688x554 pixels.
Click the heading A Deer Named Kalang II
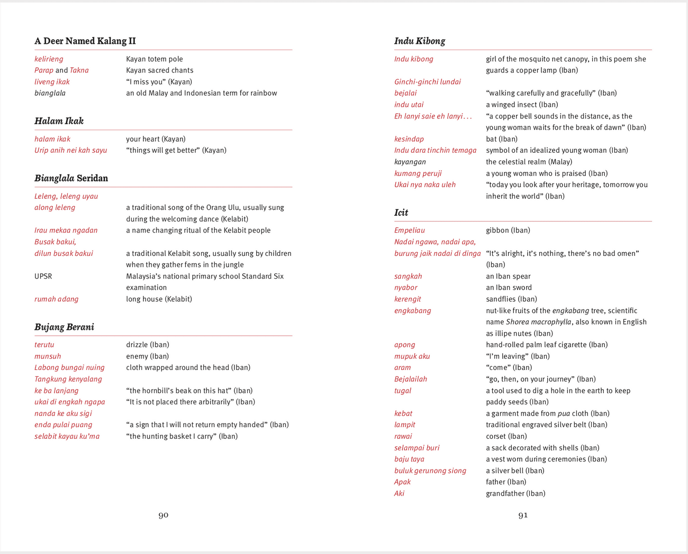[85, 41]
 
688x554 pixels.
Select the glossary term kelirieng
[49, 59]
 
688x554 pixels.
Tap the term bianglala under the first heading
[50, 93]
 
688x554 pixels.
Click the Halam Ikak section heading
[59, 121]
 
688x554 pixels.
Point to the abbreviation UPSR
[43, 276]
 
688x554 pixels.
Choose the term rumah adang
[56, 299]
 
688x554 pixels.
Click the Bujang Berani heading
[64, 327]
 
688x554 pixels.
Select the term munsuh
[48, 356]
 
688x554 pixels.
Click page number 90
[164, 515]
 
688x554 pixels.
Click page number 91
[523, 515]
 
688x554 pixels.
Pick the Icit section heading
[401, 213]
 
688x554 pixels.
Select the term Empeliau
[409, 230]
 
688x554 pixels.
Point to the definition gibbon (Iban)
[508, 230]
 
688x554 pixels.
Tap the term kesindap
[409, 139]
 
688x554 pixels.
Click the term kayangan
[410, 162]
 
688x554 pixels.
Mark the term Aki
[399, 494]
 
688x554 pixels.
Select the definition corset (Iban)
[506, 437]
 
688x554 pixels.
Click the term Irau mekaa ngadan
[66, 230]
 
